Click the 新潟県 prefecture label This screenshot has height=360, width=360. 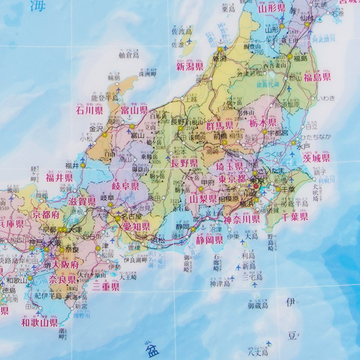coord(192,67)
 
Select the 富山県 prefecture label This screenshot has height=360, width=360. coord(134,111)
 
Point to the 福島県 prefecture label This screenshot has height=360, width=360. coord(317,77)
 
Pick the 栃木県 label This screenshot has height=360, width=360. coord(263,124)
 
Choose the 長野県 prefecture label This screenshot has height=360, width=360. coord(184,163)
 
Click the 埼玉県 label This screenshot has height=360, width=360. coord(230,166)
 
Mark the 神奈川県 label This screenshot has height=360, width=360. coord(241,219)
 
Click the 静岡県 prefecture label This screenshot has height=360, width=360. coord(209,239)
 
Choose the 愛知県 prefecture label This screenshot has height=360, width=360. coord(136,226)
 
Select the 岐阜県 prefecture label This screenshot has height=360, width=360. coord(125,186)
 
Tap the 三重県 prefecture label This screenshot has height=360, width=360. coord(106,287)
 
